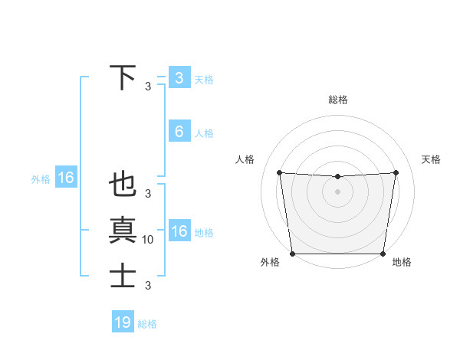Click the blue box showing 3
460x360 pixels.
click(x=179, y=77)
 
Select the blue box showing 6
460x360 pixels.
click(x=179, y=132)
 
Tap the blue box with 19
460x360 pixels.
click(x=123, y=322)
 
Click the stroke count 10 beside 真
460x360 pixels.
click(x=148, y=240)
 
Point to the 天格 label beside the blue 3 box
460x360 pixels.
click(x=204, y=79)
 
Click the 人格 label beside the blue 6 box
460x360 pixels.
click(x=204, y=133)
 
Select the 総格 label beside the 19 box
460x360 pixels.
click(x=147, y=324)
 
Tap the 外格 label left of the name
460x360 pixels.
click(x=41, y=179)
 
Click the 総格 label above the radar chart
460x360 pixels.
click(x=337, y=100)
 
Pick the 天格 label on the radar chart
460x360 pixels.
click(x=432, y=159)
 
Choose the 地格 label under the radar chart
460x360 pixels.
click(x=402, y=262)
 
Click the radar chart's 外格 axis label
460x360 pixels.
click(x=270, y=262)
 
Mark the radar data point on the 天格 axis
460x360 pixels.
click(x=396, y=172)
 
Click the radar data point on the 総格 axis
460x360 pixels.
click(x=337, y=177)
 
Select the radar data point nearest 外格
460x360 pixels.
click(x=292, y=254)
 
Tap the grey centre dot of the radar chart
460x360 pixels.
click(x=337, y=191)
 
